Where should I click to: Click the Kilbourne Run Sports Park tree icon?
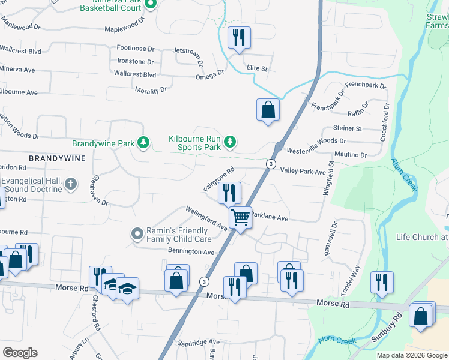pyautogui.click(x=229, y=142)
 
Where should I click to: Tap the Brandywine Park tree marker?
pyautogui.click(x=143, y=143)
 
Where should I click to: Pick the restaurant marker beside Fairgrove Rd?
pyautogui.click(x=229, y=193)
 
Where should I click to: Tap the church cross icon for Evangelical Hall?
pyautogui.click(x=71, y=184)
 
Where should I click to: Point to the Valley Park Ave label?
pyautogui.click(x=303, y=172)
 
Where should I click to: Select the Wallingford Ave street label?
pyautogui.click(x=206, y=218)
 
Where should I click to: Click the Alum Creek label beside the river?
pyautogui.click(x=404, y=175)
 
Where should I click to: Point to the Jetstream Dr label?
pyautogui.click(x=188, y=55)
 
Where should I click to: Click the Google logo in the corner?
pyautogui.click(x=20, y=353)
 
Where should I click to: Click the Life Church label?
pyautogui.click(x=421, y=237)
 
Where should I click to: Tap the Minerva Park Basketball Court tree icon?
pyautogui.click(x=151, y=5)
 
